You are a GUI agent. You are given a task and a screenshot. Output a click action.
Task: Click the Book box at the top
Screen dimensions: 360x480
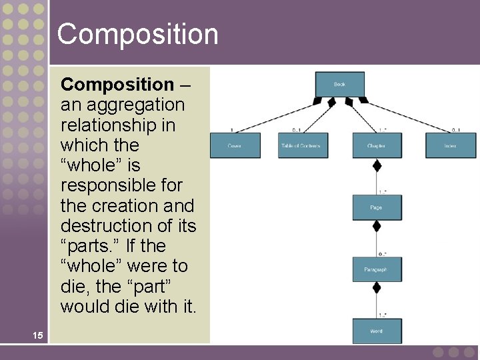click(339, 84)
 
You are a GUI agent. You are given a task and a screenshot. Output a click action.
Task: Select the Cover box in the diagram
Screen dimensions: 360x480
click(235, 145)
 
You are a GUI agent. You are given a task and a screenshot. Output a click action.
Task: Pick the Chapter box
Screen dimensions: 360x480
click(376, 145)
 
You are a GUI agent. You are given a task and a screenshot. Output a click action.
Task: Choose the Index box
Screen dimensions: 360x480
click(451, 145)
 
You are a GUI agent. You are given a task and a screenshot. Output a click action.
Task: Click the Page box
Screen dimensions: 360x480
click(376, 207)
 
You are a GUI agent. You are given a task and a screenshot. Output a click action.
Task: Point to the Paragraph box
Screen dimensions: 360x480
click(376, 269)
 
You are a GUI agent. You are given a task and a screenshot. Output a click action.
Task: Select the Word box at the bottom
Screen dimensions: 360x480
click(376, 331)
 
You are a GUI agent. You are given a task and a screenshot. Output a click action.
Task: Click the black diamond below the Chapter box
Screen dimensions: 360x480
click(377, 165)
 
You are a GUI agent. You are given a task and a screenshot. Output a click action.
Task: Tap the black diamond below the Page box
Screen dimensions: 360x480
click(377, 226)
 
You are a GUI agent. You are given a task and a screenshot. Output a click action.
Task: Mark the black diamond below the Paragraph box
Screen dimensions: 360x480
click(377, 288)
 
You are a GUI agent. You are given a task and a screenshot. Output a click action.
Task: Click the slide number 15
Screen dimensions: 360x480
click(38, 335)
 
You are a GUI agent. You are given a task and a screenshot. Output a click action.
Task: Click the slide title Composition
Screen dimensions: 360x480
click(137, 34)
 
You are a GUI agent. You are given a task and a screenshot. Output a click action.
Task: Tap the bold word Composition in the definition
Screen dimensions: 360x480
click(117, 85)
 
